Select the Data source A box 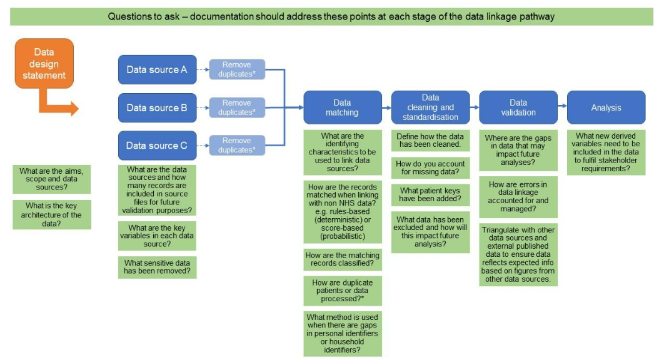pos(157,69)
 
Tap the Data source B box pos(157,107)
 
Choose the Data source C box pos(157,146)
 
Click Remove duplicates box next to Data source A pos(237,69)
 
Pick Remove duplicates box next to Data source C pos(237,145)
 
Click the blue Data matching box pos(342,107)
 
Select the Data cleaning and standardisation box pos(430,107)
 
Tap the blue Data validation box pos(518,107)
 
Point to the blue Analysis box pos(606,107)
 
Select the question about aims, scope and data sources pos(51,179)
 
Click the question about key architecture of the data pos(51,214)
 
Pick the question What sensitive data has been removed pos(157,267)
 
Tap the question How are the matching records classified pos(342,259)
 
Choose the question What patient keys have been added pos(430,194)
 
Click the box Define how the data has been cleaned pos(430,141)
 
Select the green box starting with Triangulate pos(518,254)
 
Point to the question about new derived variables pos(606,152)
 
